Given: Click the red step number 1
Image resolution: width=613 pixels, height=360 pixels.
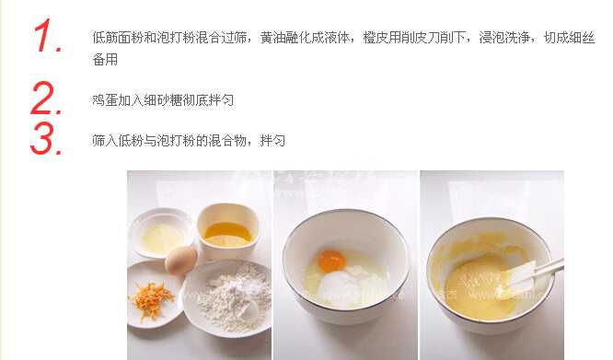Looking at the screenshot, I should [x=47, y=38].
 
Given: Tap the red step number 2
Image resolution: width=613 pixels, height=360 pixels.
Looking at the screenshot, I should [x=47, y=98].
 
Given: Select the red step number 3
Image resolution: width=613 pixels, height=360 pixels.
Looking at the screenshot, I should [x=46, y=138].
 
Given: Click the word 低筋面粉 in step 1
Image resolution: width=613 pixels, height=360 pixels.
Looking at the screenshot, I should [x=115, y=38].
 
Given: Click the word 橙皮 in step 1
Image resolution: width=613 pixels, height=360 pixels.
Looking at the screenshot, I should [x=378, y=38].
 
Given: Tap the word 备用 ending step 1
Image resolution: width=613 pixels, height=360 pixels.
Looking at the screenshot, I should [x=104, y=59].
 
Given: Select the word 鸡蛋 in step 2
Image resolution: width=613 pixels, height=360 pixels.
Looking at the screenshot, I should [x=104, y=99].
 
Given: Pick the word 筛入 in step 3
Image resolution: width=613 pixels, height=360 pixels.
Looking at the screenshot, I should [x=104, y=141].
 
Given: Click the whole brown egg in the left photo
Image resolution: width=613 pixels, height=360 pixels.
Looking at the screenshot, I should [x=180, y=261].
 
